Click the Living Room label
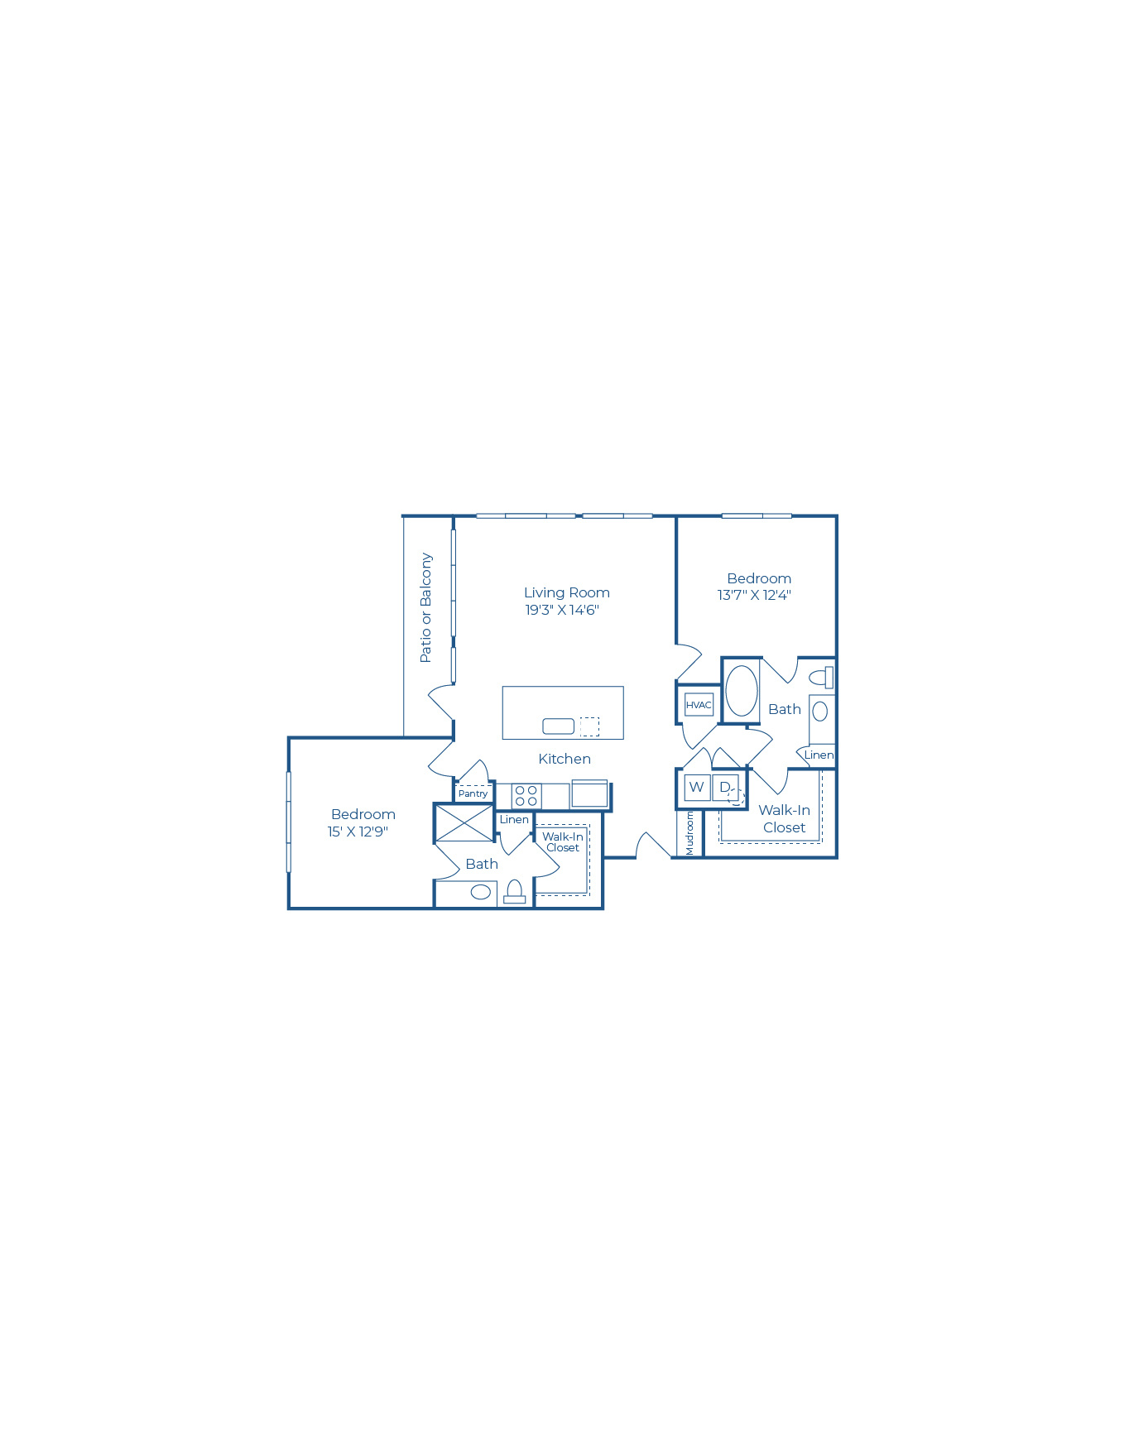pos(566,592)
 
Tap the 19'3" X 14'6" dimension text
pos(561,610)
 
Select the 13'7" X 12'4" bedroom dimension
pos(754,595)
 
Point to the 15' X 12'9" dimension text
pos(358,832)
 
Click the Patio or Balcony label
pos(425,607)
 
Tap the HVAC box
pos(699,705)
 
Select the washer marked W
pos(697,787)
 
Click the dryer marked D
pos(725,787)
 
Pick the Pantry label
pos(473,793)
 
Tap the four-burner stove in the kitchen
pos(526,796)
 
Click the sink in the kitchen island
pos(558,726)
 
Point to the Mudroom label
pos(689,832)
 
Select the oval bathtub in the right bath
pos(742,691)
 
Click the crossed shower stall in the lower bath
pos(464,823)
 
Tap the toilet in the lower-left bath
pos(514,892)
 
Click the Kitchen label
pos(564,759)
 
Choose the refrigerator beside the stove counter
pos(589,793)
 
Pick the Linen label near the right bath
pos(819,755)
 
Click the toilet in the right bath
pos(821,678)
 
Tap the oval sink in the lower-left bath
pos(481,892)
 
